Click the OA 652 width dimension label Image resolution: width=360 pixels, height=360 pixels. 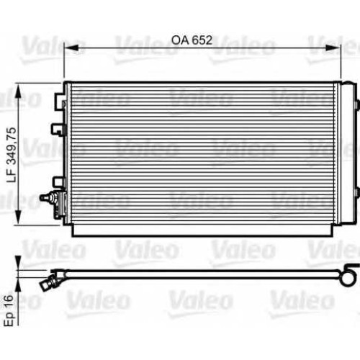192,40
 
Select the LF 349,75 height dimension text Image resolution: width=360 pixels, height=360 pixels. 12,155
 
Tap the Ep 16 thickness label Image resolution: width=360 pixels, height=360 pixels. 9,310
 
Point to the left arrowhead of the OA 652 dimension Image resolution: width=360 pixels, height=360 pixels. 71,48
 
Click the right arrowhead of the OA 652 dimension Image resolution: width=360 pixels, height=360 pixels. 333,48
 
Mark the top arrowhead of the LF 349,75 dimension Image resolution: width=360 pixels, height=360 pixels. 18,91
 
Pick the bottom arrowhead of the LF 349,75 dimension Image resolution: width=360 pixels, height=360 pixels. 18,217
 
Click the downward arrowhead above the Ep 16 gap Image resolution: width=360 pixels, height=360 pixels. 18,264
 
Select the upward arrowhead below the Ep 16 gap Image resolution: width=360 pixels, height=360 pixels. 18,285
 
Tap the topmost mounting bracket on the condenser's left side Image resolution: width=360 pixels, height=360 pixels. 60,102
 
